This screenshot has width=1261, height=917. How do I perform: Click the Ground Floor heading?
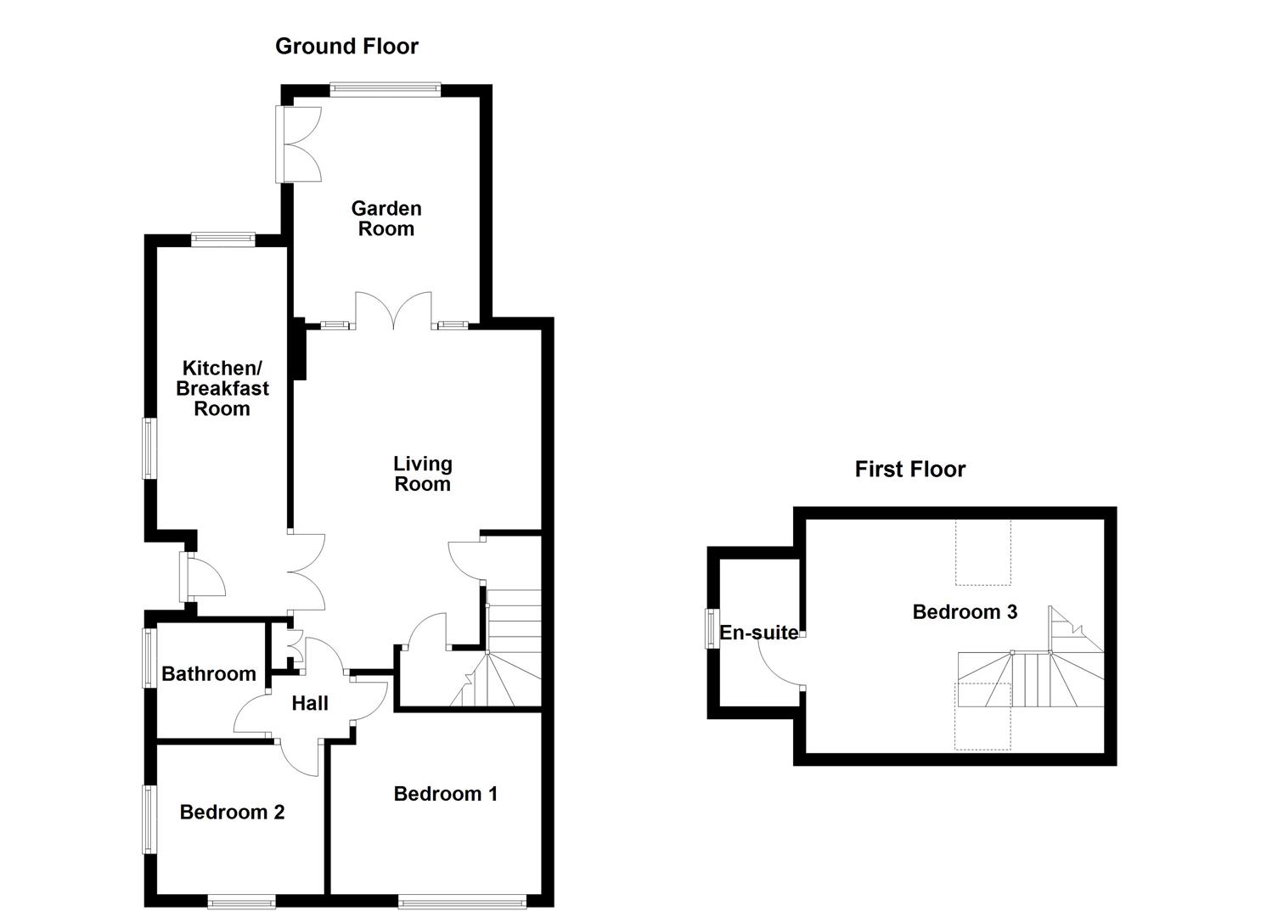click(x=346, y=46)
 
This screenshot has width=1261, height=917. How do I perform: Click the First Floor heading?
click(x=909, y=469)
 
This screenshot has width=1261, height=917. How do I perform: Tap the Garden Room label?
click(x=386, y=218)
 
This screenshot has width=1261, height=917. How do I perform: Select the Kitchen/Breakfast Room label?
click(x=222, y=388)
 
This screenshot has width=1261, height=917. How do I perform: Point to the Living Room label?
click(x=422, y=474)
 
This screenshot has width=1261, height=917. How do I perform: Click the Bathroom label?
click(x=209, y=673)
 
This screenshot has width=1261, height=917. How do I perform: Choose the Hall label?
click(x=309, y=703)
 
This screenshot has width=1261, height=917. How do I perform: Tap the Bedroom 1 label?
click(x=445, y=794)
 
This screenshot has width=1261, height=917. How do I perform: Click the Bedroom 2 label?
click(x=232, y=813)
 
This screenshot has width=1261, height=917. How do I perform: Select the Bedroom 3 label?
click(x=965, y=612)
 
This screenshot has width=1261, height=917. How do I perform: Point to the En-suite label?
click(x=757, y=633)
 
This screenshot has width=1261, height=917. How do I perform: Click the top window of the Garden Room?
click(x=386, y=87)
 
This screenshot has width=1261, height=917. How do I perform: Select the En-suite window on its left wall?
click(x=712, y=628)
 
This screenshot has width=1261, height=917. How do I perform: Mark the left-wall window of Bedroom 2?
click(x=149, y=819)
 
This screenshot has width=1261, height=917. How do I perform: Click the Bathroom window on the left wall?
click(x=149, y=656)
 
